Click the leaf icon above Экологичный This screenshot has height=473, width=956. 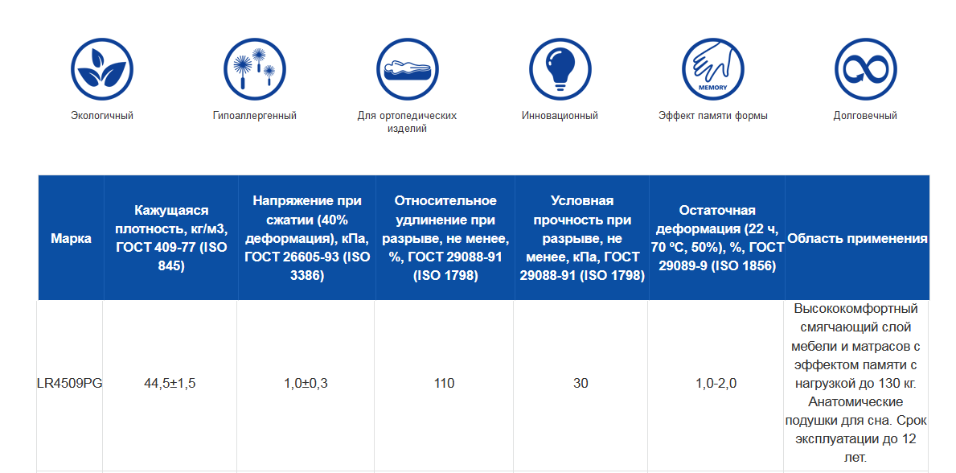point(102,69)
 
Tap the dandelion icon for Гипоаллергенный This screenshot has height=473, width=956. point(255,69)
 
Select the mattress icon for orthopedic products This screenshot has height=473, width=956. point(408,69)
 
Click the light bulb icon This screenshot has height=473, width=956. point(560,69)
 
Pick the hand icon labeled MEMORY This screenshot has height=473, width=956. point(712,69)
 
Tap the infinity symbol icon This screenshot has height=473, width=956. point(865,69)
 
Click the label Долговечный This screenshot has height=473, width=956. point(865,115)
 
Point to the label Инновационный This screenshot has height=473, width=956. point(560,115)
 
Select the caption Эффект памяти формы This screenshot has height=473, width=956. point(712,115)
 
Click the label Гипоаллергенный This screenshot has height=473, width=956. point(255,115)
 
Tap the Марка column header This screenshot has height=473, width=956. point(72,239)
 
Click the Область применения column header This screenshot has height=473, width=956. point(858,239)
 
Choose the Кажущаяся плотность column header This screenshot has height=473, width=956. point(171,239)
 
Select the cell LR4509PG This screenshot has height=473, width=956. point(69,384)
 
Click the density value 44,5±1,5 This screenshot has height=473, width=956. point(170,384)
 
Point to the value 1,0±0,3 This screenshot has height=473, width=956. point(306,384)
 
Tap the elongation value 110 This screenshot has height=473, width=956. point(444,384)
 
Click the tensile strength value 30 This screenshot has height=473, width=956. point(581,384)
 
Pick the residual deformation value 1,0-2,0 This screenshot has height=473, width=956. point(716,384)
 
